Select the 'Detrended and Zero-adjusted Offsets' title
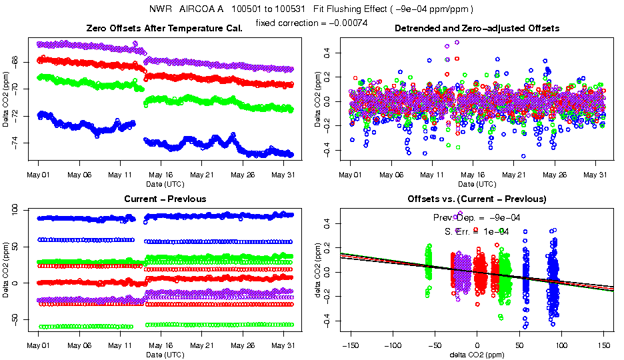(477, 28)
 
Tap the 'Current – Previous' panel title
(165, 199)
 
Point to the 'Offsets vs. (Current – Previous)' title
(477, 199)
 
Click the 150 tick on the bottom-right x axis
(603, 345)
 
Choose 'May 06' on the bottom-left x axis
(79, 345)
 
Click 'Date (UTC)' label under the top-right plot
(477, 184)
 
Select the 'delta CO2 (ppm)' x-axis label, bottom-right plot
(477, 355)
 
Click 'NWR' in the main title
(160, 9)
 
